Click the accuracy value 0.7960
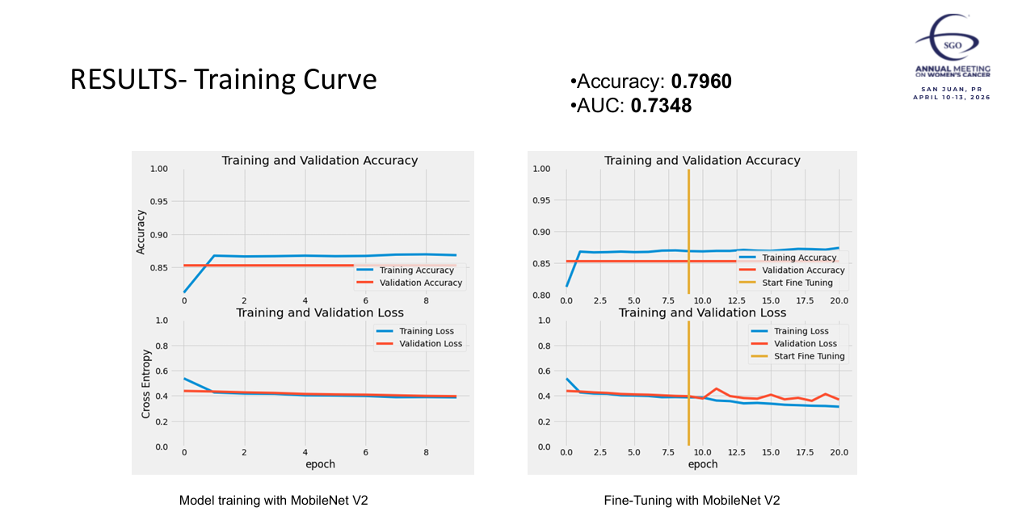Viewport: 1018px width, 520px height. point(701,82)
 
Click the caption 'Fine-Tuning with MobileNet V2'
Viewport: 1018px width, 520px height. point(692,501)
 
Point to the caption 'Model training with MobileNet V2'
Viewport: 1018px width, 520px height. point(273,501)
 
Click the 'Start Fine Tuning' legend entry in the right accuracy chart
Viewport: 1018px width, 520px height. point(809,283)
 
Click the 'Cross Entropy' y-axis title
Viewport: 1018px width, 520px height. point(146,383)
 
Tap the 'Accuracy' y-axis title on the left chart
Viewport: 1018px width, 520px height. point(141,232)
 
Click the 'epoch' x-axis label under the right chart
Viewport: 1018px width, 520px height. point(702,464)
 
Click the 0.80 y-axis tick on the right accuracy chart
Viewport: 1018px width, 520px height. point(542,296)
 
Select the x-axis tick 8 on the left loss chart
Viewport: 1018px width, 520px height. point(427,452)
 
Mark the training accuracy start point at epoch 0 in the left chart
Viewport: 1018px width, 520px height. point(184,291)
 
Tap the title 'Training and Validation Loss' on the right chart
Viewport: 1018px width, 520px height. point(702,312)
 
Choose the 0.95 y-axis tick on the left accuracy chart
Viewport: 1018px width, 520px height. point(158,202)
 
